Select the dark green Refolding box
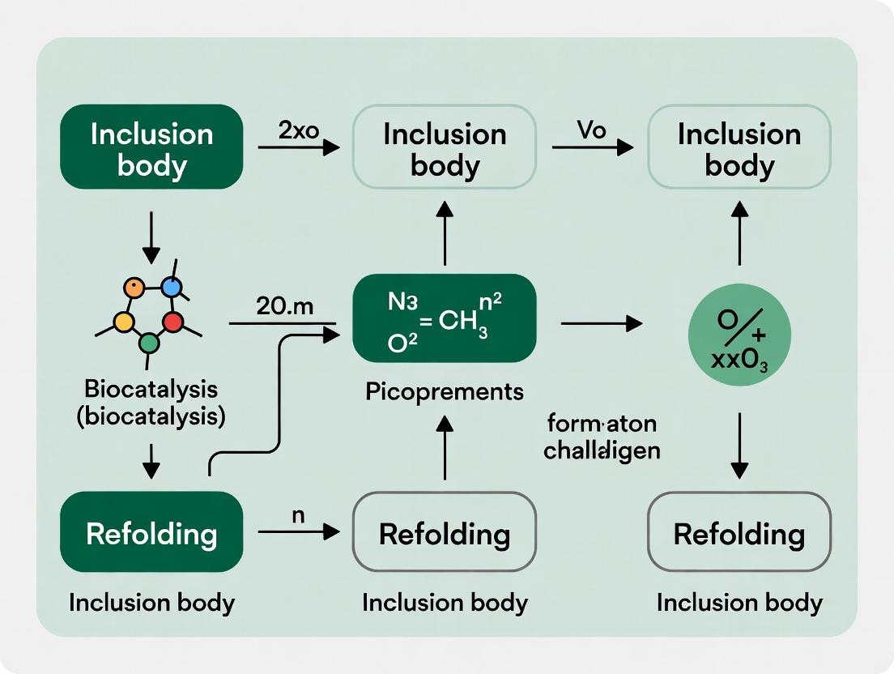(x=151, y=532)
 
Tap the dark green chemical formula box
(x=444, y=318)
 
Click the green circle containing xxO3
(x=739, y=334)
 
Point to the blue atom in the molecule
(x=171, y=287)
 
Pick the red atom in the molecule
(x=172, y=322)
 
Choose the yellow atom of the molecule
(x=124, y=322)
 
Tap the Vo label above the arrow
(x=592, y=130)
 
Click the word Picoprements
(x=444, y=392)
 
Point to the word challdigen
(x=601, y=450)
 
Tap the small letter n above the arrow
(x=297, y=514)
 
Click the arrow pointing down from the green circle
(x=739, y=445)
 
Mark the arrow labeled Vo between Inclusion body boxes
(x=592, y=147)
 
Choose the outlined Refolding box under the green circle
(x=739, y=532)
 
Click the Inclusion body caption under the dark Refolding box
(x=151, y=603)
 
